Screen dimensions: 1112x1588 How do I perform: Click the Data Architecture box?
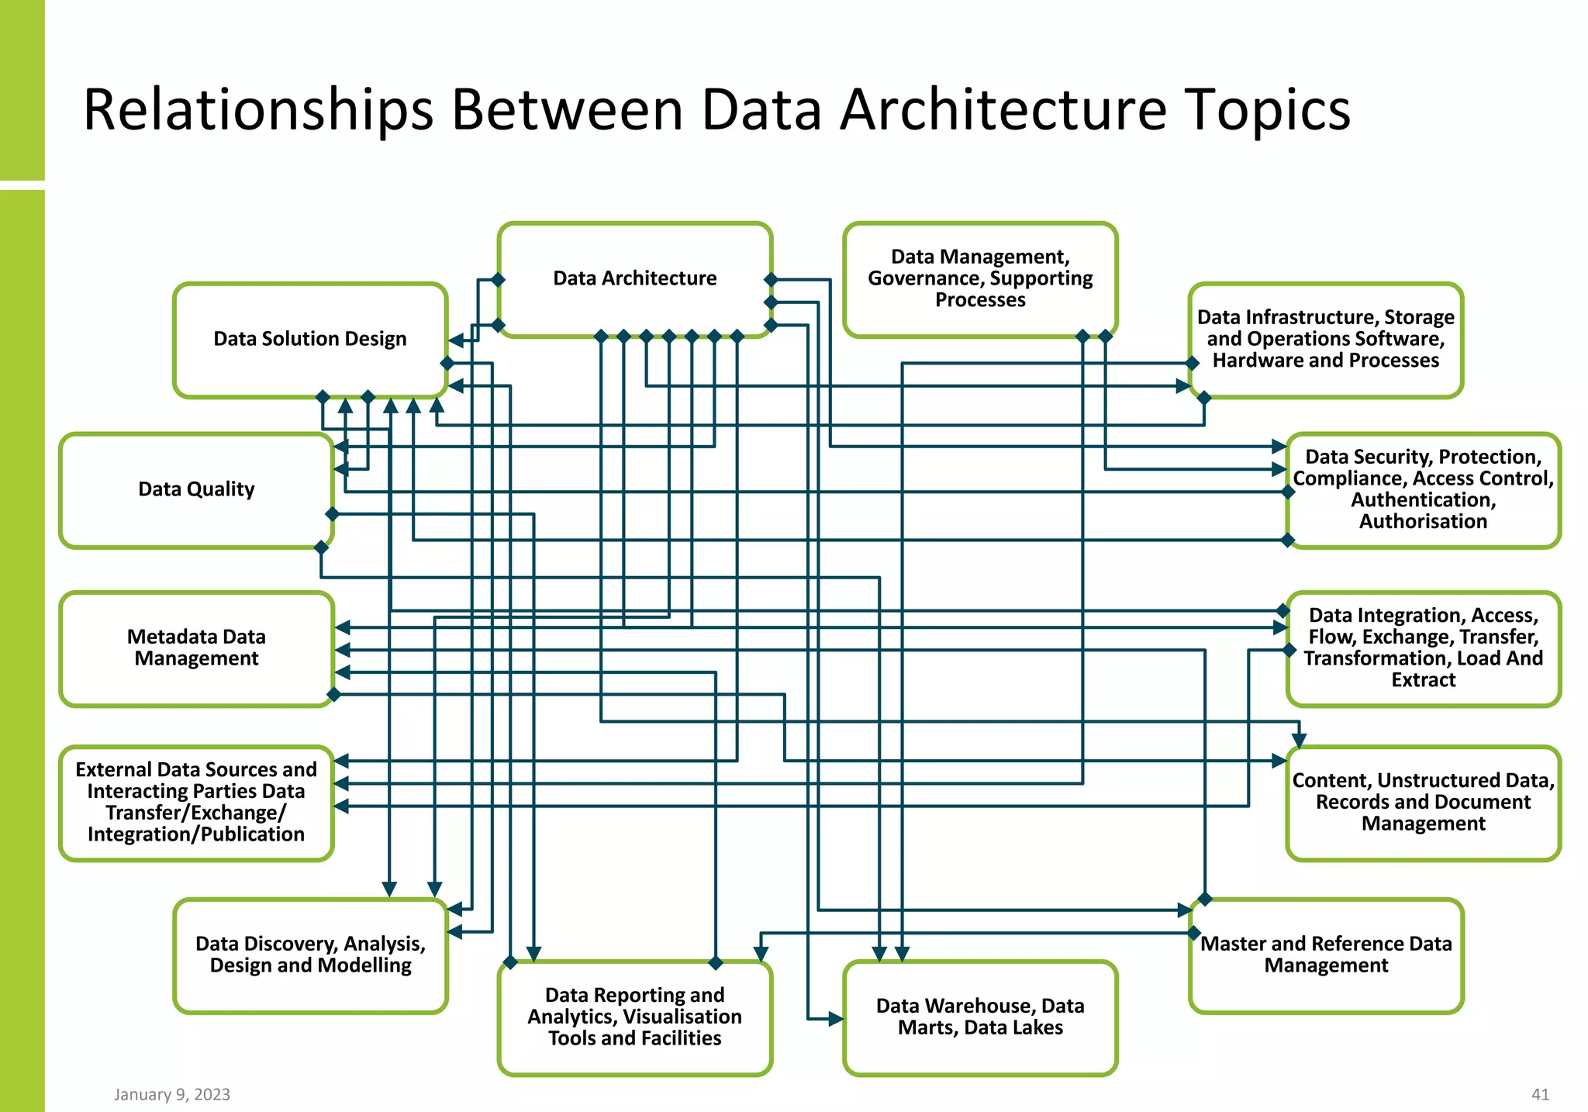click(634, 278)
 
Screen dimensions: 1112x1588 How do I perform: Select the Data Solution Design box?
click(310, 339)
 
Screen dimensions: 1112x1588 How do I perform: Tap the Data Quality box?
click(196, 489)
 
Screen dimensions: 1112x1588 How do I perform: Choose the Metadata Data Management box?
click(196, 648)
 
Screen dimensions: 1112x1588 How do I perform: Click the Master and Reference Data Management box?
click(1326, 955)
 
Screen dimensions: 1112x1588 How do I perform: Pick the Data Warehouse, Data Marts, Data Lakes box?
click(980, 1017)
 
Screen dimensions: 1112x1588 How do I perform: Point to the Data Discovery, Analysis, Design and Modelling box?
click(310, 955)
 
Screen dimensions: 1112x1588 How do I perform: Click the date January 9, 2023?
click(172, 1094)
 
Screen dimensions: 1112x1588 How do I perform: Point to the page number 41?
click(1540, 1094)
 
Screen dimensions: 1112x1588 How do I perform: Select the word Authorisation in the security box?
click(1423, 522)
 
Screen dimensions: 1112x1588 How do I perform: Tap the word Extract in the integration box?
click(1423, 680)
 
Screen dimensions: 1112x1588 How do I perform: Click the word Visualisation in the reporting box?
click(682, 1017)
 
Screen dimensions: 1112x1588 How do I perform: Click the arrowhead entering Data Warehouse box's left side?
click(835, 1019)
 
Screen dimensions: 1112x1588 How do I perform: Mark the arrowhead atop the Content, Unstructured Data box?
click(1299, 740)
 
